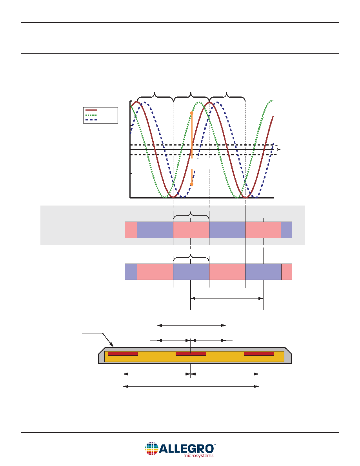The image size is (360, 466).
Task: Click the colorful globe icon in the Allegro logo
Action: coord(151,448)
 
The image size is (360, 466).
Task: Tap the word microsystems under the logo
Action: coord(198,455)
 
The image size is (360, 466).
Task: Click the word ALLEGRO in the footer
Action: coord(187,448)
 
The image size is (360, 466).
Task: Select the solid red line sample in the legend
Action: coord(91,110)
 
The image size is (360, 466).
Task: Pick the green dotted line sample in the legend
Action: coord(91,115)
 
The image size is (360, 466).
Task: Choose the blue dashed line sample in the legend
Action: coord(91,120)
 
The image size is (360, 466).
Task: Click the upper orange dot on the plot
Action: coord(192,113)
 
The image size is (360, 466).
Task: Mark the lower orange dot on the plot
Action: coord(192,184)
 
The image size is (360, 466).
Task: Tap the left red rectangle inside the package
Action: coord(123,354)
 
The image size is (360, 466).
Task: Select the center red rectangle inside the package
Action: coord(191,354)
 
